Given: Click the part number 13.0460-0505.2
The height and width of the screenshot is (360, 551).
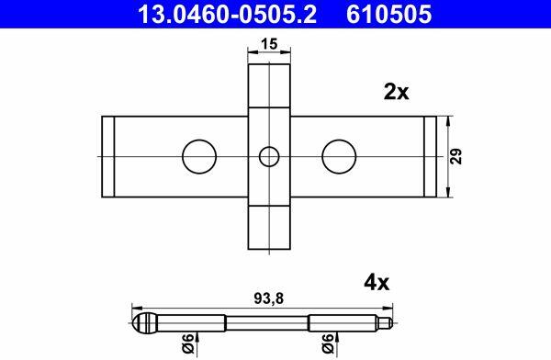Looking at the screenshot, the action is coord(227,15).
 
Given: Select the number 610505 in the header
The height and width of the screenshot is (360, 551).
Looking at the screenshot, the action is coord(389,15).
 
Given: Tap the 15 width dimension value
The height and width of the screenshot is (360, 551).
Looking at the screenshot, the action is coord(269,44).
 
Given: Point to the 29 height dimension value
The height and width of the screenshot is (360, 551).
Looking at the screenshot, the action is coord(456,156).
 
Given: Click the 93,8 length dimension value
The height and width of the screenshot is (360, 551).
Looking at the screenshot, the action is coord(268,298).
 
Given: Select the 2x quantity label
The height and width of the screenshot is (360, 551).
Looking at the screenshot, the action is coord(397,92).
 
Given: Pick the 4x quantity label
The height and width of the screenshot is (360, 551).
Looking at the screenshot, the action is coord(377,283).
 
